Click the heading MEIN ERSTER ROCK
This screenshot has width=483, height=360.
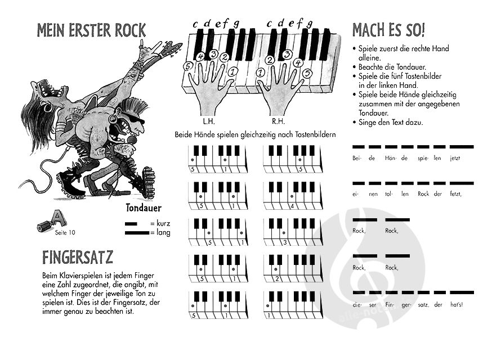click(x=91, y=30)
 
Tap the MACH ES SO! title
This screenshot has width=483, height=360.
click(x=389, y=30)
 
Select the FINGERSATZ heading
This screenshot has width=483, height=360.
click(x=78, y=258)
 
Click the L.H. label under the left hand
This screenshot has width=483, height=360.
click(x=209, y=121)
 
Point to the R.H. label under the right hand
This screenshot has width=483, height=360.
click(x=278, y=121)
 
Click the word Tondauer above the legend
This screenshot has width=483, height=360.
click(x=144, y=208)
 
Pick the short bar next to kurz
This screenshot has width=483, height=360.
click(x=131, y=224)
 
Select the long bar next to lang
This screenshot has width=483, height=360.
click(x=137, y=233)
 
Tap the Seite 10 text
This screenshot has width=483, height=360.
click(x=65, y=233)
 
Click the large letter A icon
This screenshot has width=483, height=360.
click(x=59, y=218)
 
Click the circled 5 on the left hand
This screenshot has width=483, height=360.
click(x=187, y=66)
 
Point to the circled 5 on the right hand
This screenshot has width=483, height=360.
click(x=307, y=73)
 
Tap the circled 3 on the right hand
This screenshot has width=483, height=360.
click(x=287, y=54)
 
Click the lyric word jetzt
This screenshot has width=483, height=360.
click(x=455, y=158)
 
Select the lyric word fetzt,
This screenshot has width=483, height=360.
click(x=455, y=194)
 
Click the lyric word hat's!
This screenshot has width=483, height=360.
click(x=457, y=305)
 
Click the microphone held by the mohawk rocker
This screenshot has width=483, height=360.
click(x=132, y=140)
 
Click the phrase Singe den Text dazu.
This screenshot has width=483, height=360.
click(x=391, y=123)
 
